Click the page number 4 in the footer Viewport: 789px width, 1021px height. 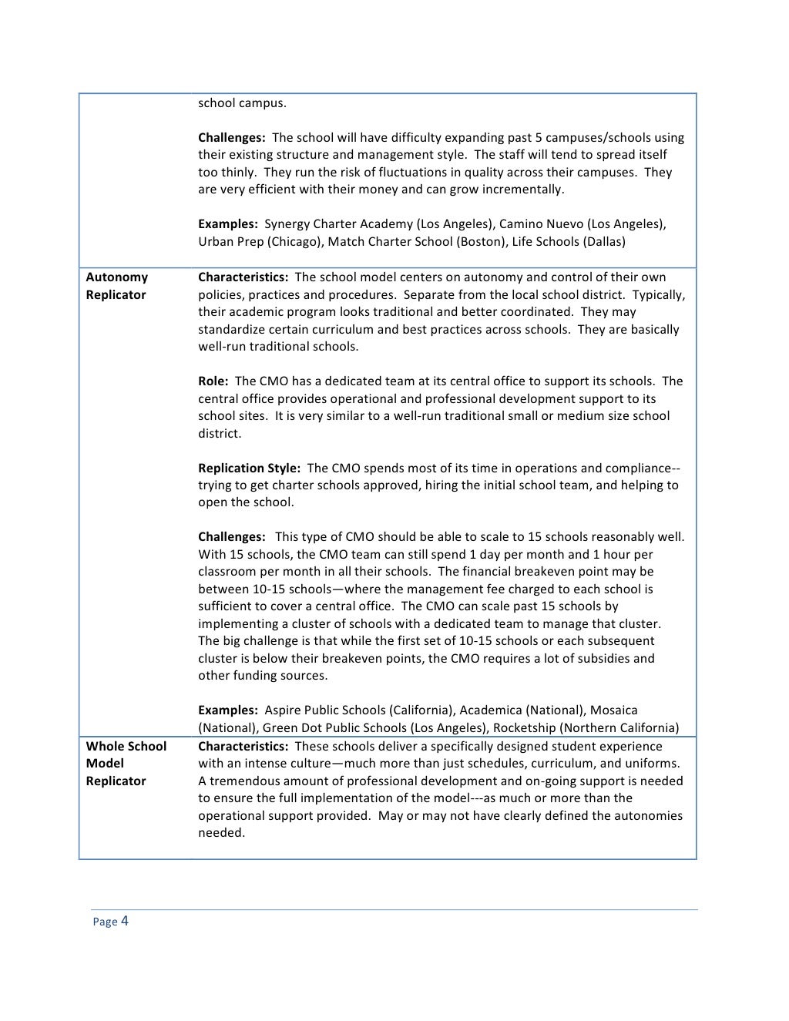(x=124, y=921)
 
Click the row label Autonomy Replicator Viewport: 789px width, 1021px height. (x=116, y=286)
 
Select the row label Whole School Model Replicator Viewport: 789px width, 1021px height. (x=126, y=764)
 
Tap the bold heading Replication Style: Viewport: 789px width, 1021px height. (x=249, y=468)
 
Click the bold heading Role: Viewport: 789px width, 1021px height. (x=213, y=381)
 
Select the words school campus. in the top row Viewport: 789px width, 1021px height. (x=242, y=102)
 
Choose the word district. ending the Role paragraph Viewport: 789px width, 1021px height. (x=220, y=433)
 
